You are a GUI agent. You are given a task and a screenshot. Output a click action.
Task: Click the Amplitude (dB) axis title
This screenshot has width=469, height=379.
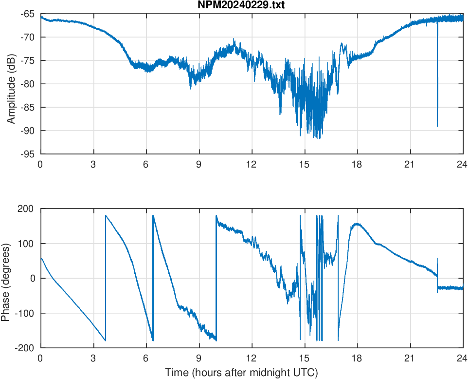[x=11, y=84]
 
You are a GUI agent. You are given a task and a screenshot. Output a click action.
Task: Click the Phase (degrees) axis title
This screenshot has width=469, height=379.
[x=6, y=278]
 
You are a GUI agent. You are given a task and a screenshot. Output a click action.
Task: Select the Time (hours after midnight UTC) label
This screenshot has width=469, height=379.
[x=241, y=373]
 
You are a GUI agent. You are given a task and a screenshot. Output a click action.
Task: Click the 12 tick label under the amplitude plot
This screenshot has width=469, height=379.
[x=252, y=164]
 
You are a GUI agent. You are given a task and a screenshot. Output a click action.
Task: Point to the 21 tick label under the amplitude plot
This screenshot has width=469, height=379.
[x=410, y=164]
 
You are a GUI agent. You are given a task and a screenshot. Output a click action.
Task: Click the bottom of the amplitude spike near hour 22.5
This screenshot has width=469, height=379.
[x=437, y=126]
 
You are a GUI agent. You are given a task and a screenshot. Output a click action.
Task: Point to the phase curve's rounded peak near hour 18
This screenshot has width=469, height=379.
[x=357, y=224]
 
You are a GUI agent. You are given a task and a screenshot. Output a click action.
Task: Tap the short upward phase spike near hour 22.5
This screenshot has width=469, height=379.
[x=437, y=259]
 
